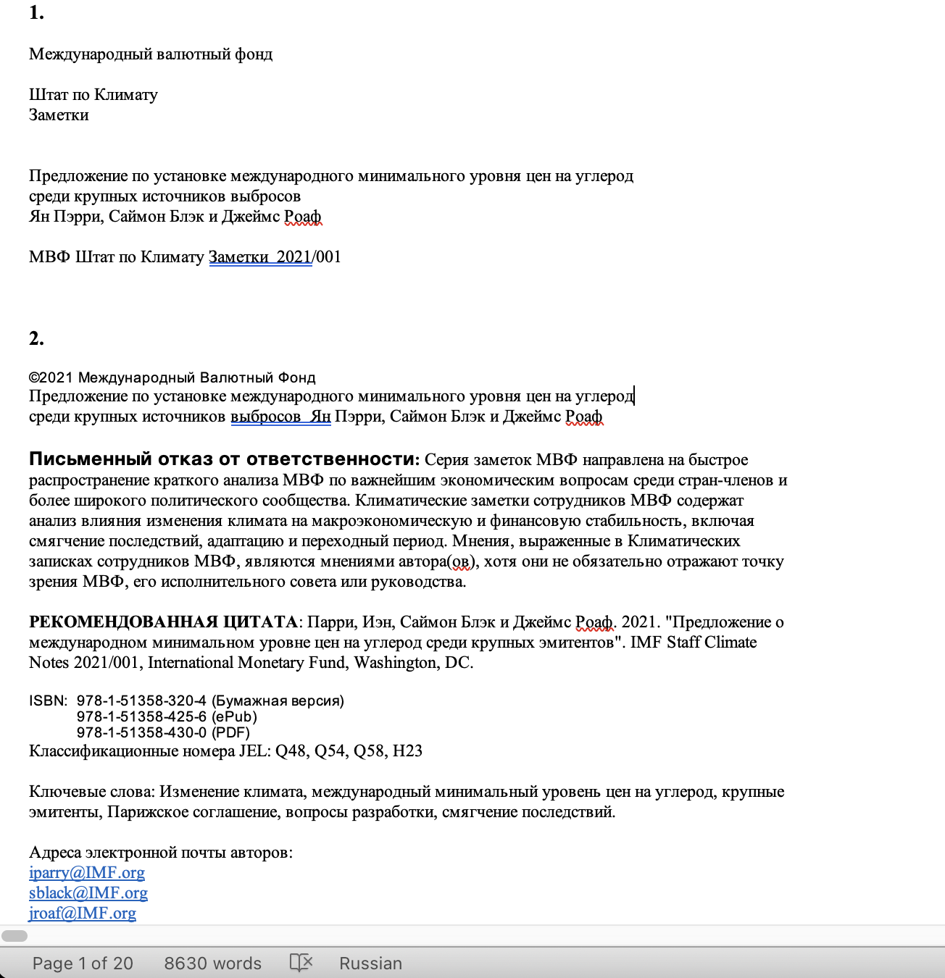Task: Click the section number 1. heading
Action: (36, 13)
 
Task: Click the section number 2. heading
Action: (36, 338)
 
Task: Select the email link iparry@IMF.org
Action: (87, 873)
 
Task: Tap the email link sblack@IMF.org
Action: (88, 893)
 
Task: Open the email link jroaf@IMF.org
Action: (83, 914)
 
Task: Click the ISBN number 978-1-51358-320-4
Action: (141, 701)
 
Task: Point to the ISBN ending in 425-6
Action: (141, 716)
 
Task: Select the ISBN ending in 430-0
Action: (141, 732)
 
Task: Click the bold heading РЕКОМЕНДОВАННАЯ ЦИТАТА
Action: (163, 622)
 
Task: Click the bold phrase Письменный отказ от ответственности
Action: (223, 459)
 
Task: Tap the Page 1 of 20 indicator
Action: (83, 964)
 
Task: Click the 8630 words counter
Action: (212, 964)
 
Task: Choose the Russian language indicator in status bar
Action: (370, 964)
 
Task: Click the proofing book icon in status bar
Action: (301, 963)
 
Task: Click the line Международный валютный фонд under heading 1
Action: (151, 54)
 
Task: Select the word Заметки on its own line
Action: (59, 115)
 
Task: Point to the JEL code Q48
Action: (291, 751)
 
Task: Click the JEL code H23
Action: (407, 751)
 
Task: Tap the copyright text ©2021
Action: (51, 377)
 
